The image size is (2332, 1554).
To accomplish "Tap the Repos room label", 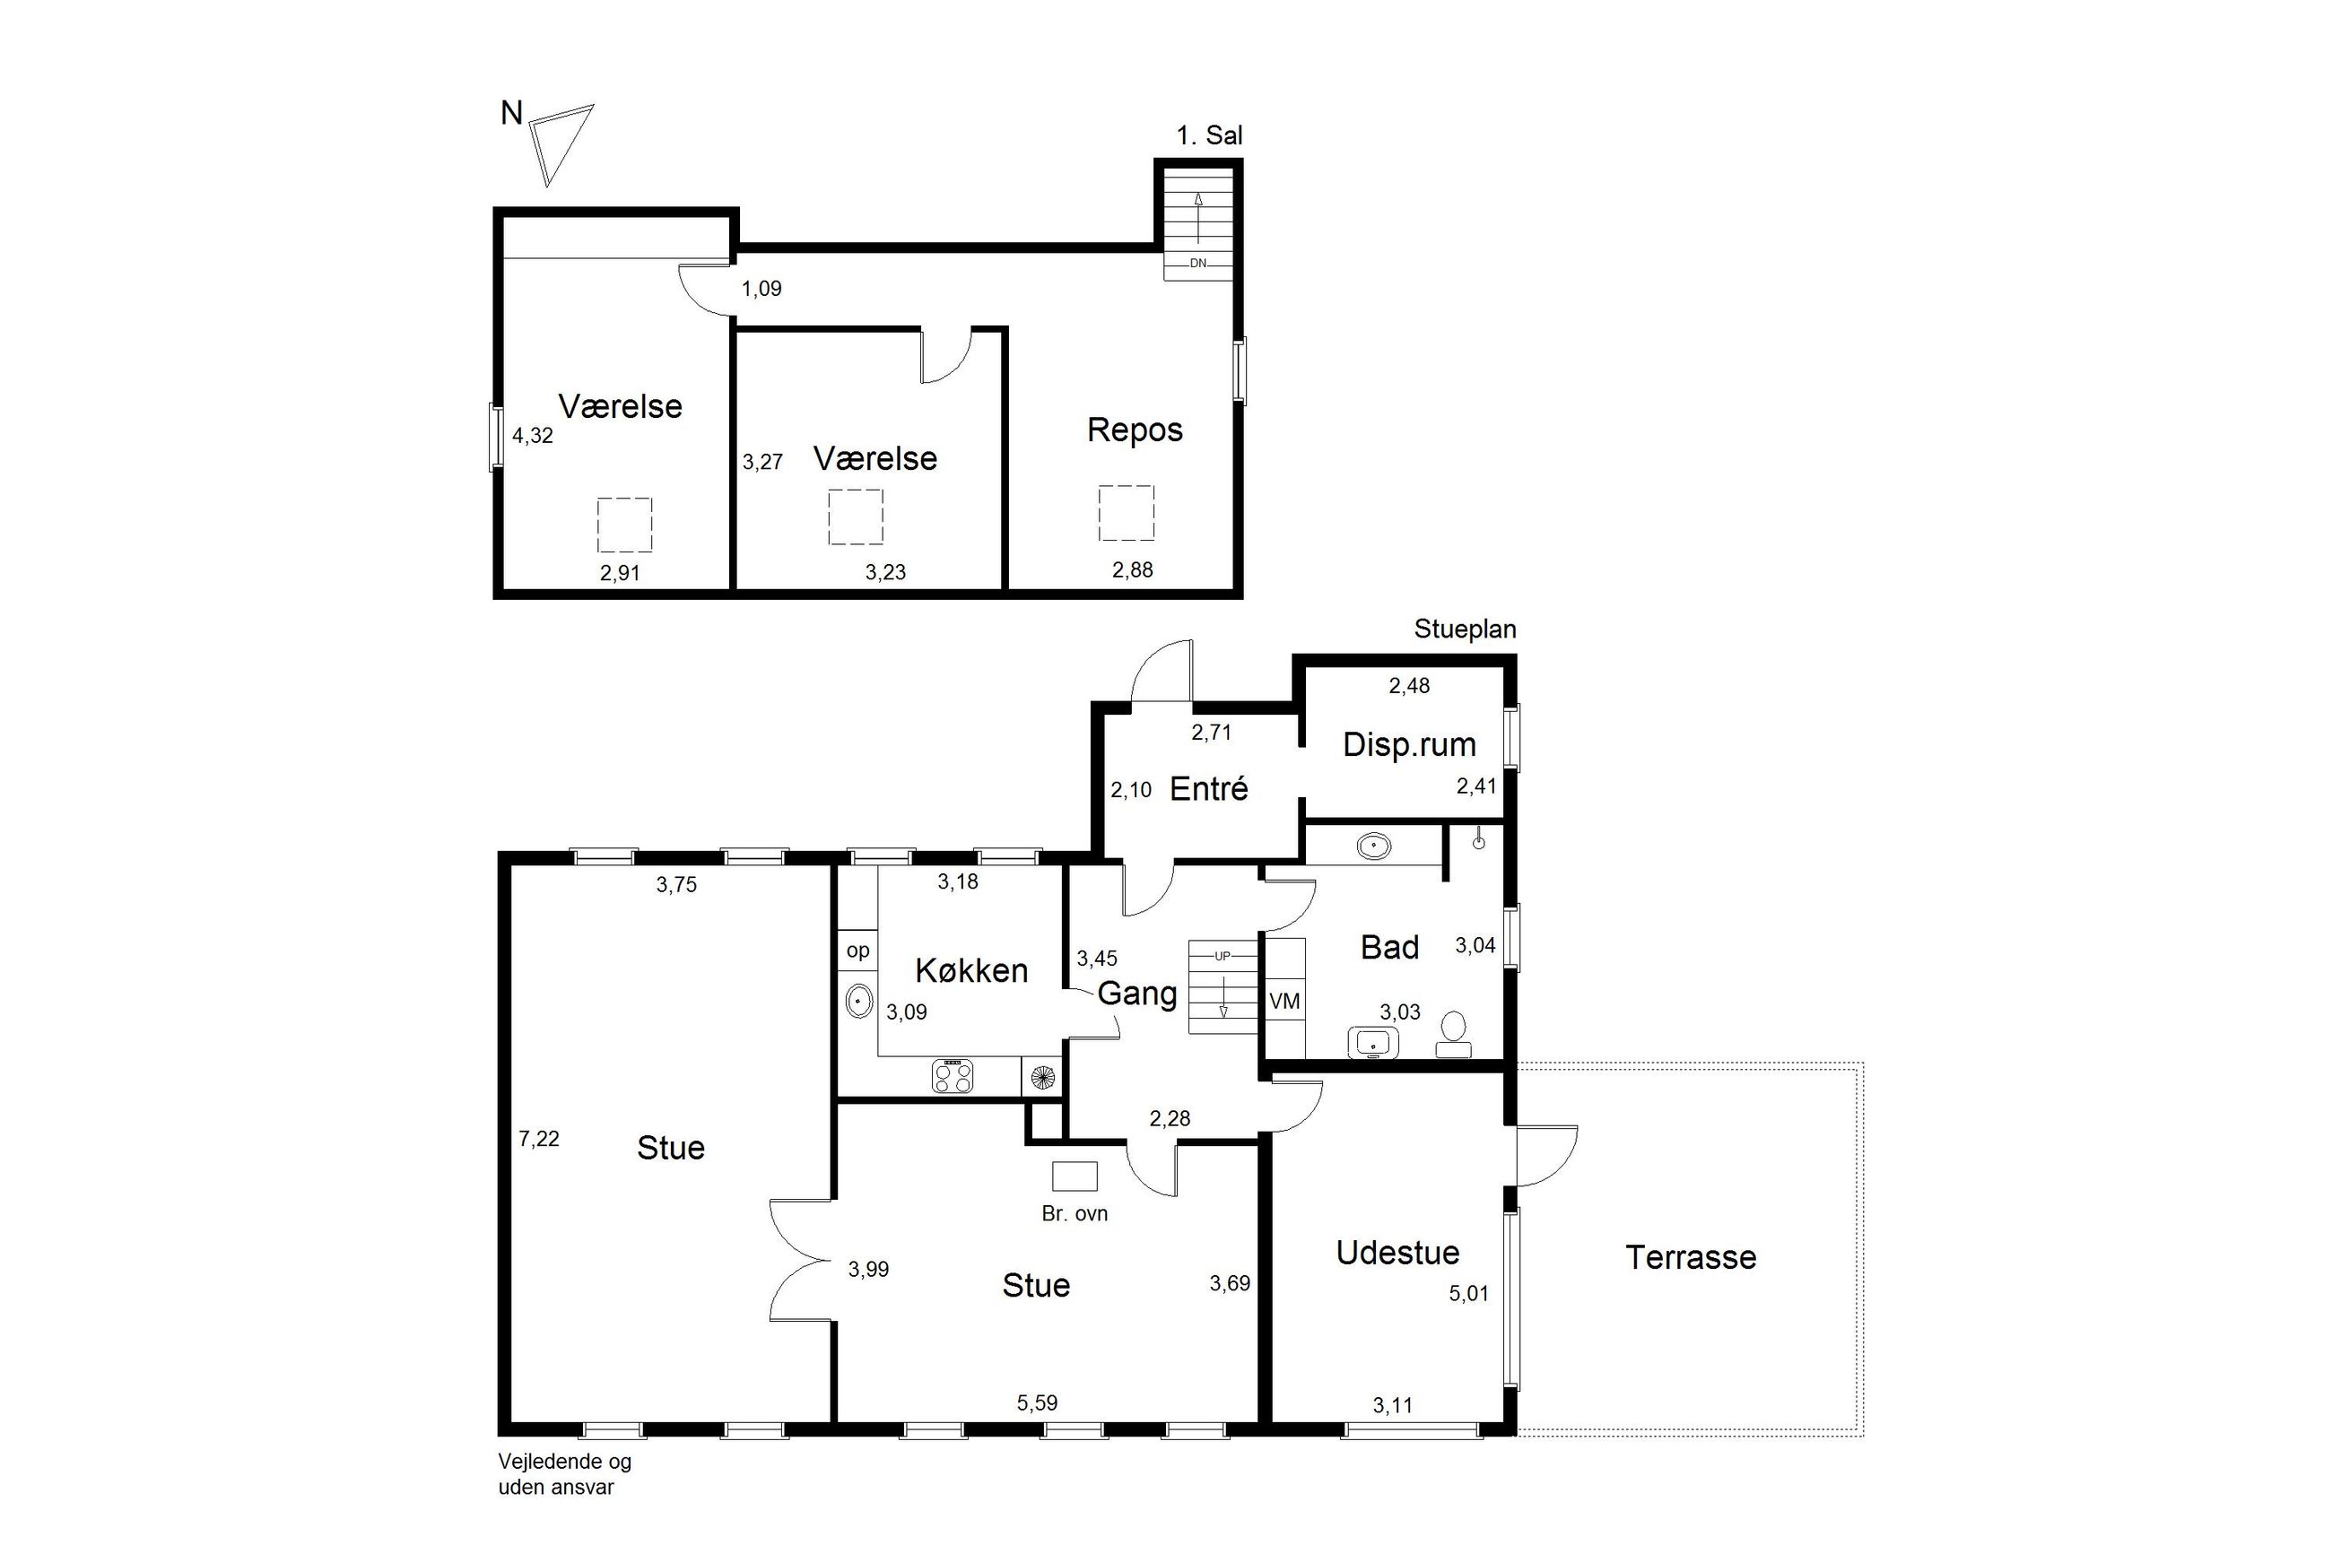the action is tap(1135, 430).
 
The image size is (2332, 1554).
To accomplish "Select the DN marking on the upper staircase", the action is tap(1198, 264).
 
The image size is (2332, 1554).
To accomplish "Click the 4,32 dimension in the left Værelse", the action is tap(532, 435).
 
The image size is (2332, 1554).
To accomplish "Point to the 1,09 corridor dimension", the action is tap(761, 289).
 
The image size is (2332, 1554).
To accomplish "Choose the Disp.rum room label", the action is tap(1408, 744).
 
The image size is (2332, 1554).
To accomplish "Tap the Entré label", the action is tap(1208, 789).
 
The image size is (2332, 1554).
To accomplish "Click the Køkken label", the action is tap(971, 970).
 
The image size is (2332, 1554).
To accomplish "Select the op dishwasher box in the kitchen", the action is tap(858, 951).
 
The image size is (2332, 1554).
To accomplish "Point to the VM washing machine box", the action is tap(1284, 1002).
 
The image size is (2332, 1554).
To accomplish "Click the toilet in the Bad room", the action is tap(1454, 1034).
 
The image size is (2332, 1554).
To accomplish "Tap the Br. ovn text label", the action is tap(1075, 1213).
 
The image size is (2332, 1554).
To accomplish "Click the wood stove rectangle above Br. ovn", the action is tap(1075, 1176).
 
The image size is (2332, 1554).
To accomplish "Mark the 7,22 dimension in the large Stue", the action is tap(538, 1139).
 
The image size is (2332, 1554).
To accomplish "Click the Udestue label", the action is tap(1397, 1253).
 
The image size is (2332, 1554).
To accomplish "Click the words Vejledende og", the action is tap(565, 1462).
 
